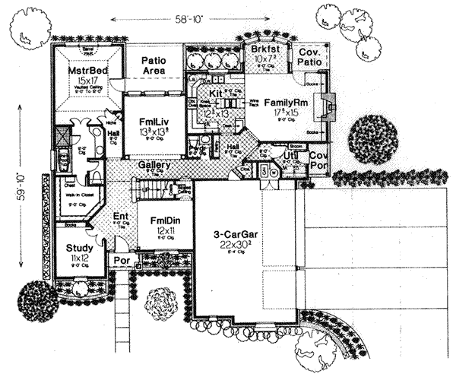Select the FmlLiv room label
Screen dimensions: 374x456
154,120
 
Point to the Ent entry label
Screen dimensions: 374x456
120,216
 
